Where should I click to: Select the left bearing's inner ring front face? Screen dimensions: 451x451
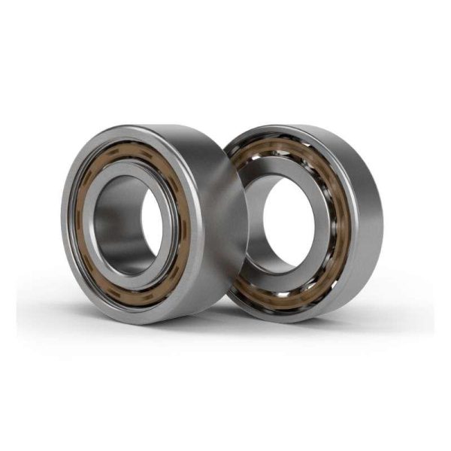coord(98,225)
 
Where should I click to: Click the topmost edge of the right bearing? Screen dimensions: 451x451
coord(301,124)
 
